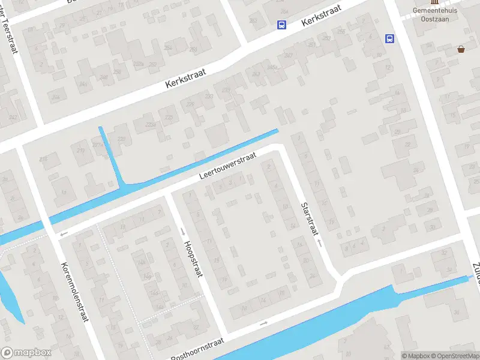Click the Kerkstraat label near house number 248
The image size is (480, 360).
coord(185,79)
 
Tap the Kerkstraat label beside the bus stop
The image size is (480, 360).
coord(322,16)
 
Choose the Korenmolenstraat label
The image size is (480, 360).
coord(74,292)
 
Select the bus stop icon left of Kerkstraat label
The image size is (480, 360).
coord(281,25)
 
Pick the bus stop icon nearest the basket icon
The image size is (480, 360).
coord(389,39)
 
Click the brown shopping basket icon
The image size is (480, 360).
coord(461,49)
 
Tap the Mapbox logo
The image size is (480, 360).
coord(26,353)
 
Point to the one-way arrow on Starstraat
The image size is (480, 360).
coord(320,244)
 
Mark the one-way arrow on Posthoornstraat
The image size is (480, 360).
coord(263,324)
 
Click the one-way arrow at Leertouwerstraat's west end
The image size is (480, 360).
coord(64,233)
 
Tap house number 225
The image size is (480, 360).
coord(169,118)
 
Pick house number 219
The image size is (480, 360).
coord(82,150)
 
